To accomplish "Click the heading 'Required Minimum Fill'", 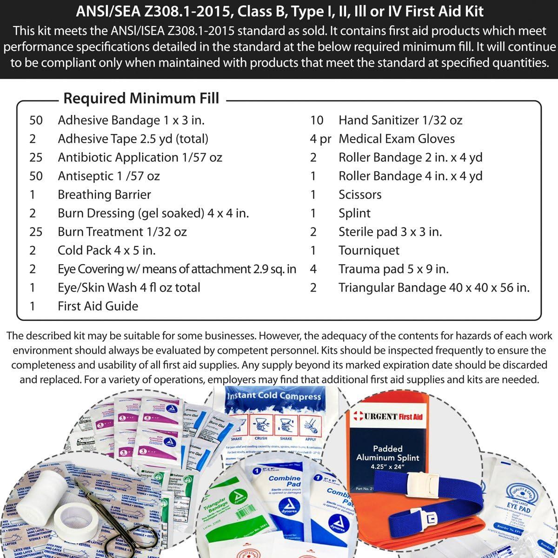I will tap(141, 99).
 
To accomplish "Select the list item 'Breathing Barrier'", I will tap(104, 194).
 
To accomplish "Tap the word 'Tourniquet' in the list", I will tap(369, 250).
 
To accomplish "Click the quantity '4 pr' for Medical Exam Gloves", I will tap(320, 139).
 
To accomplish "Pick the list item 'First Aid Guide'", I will tap(98, 306).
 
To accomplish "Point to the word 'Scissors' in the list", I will tap(360, 194).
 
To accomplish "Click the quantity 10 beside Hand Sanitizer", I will tap(317, 120).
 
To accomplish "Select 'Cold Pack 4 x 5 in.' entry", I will tap(106, 250).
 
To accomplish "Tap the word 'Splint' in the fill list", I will tap(354, 213).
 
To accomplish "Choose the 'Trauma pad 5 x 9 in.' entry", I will tap(393, 269).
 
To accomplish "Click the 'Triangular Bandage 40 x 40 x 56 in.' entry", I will tap(434, 287).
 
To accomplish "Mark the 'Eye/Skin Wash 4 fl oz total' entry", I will tap(129, 287).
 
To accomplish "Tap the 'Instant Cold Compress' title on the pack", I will tap(273, 396).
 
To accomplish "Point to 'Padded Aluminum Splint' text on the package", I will tap(387, 453).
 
